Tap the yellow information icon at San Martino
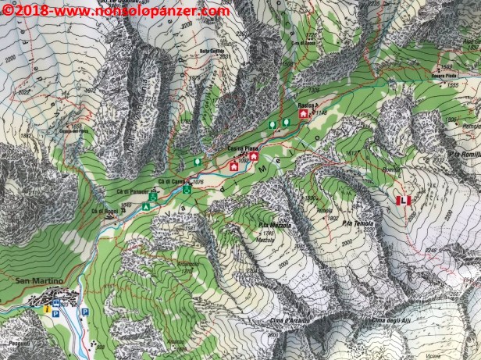click(x=48, y=309)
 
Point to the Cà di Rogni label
click(x=104, y=211)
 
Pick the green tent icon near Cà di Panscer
click(x=146, y=207)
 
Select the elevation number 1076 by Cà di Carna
click(x=198, y=181)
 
